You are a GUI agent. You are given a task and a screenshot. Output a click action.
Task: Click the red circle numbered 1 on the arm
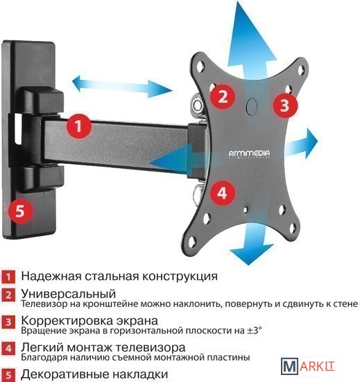click(x=78, y=126)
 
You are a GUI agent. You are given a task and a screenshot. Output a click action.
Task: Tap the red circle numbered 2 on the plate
click(x=223, y=96)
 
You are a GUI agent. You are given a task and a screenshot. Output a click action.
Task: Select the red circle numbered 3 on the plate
click(x=285, y=106)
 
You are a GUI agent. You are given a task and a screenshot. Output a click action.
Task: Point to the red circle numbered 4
click(x=223, y=193)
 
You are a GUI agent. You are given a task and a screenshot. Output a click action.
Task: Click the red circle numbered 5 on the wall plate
click(x=20, y=210)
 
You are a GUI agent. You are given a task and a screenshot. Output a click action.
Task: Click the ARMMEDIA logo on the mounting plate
click(x=249, y=154)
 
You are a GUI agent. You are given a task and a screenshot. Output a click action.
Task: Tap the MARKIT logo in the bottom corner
click(x=308, y=366)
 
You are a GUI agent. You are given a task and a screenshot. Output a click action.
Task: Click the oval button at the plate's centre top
click(x=251, y=106)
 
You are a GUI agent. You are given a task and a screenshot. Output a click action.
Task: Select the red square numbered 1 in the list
click(x=8, y=276)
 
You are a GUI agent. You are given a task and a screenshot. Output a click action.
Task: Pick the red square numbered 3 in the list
click(x=8, y=322)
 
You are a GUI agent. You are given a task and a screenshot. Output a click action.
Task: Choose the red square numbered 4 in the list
click(x=8, y=349)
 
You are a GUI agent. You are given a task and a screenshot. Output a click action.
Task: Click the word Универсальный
click(x=69, y=294)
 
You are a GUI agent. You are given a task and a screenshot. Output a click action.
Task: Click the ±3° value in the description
click(x=255, y=331)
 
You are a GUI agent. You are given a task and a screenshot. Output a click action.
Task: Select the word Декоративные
click(x=65, y=374)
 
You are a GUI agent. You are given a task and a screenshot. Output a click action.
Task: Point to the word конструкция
click(x=180, y=276)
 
